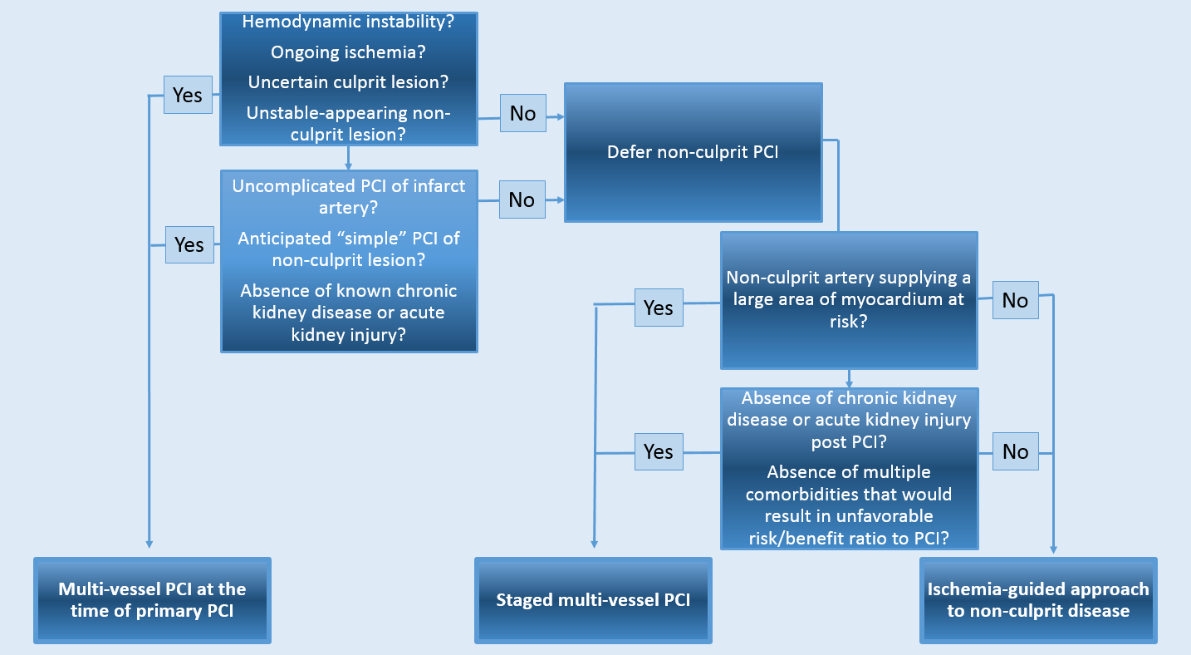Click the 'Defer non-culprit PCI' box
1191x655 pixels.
click(693, 152)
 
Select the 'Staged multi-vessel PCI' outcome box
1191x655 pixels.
click(593, 600)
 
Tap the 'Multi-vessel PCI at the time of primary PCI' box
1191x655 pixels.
click(152, 600)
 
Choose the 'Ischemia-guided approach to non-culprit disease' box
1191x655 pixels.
click(1038, 600)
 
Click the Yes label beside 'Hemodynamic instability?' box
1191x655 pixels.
click(188, 95)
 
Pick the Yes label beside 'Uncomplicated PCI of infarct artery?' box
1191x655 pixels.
click(189, 244)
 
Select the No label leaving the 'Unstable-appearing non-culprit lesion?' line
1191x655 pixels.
click(522, 112)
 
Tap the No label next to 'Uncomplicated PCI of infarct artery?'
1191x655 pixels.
click(522, 199)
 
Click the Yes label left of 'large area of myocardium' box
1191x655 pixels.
click(659, 308)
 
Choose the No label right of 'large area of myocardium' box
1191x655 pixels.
click(1015, 300)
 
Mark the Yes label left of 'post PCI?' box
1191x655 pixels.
click(659, 451)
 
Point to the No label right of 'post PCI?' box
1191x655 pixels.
click(1015, 451)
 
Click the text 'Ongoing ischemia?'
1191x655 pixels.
click(348, 52)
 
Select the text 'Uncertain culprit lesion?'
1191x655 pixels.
click(348, 82)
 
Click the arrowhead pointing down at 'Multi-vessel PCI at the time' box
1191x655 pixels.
click(149, 543)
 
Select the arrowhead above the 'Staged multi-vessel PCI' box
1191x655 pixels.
click(595, 543)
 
